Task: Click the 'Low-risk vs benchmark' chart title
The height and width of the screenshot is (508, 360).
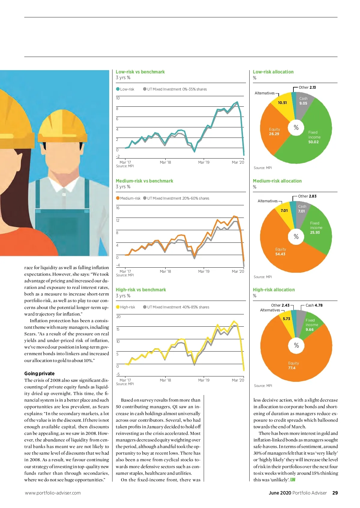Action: click(140, 72)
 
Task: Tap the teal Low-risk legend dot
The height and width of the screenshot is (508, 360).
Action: click(118, 89)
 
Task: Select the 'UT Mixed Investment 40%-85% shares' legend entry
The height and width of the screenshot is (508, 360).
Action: click(178, 307)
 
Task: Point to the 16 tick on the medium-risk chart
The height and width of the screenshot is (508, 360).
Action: click(118, 208)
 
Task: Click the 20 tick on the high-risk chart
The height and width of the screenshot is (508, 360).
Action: click(118, 317)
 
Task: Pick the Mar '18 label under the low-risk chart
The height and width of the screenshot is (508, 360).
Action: click(165, 162)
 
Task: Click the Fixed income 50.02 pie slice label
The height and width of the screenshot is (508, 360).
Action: click(314, 137)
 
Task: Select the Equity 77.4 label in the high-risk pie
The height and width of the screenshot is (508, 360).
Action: click(293, 366)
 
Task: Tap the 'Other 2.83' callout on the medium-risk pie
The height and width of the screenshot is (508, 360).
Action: click(307, 196)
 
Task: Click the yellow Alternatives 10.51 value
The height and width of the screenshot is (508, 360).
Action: click(282, 103)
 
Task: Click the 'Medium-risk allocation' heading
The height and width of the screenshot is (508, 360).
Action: click(277, 181)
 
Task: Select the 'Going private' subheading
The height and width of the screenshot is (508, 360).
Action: click(39, 374)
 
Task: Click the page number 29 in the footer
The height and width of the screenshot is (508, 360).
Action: click(335, 493)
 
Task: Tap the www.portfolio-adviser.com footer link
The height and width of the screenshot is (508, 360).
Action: click(53, 493)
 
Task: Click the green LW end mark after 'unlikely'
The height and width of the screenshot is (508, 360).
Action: click(293, 480)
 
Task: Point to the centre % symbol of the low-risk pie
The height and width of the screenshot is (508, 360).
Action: click(296, 128)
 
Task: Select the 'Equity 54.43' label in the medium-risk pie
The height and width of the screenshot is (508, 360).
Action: click(280, 252)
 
